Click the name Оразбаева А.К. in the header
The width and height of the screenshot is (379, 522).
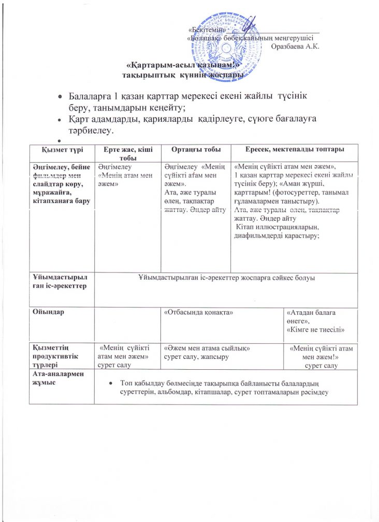click(295, 47)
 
